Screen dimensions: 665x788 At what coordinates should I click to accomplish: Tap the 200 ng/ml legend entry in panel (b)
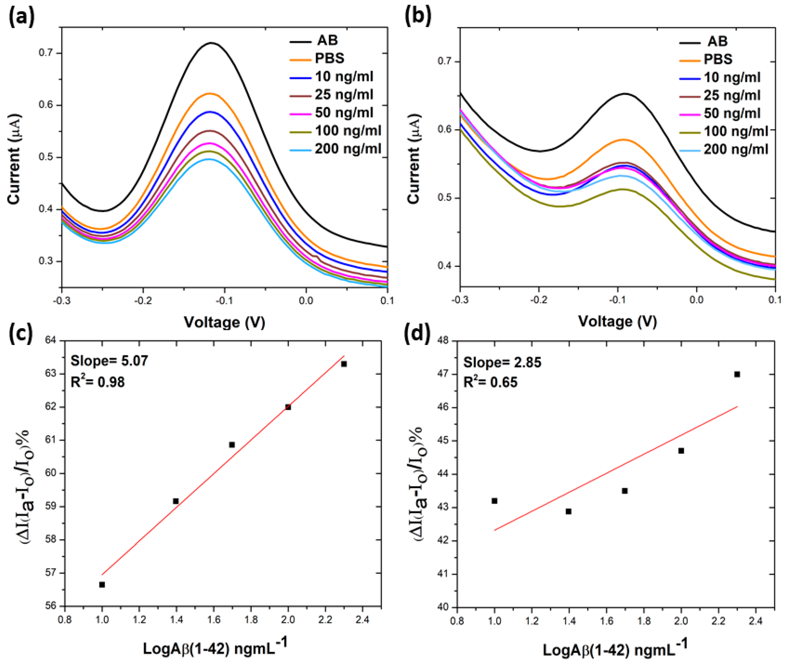(735, 150)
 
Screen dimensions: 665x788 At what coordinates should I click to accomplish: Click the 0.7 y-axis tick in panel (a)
(46, 53)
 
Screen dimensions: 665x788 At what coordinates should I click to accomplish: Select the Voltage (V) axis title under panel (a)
(224, 322)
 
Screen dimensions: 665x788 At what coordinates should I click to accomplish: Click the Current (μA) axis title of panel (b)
(414, 158)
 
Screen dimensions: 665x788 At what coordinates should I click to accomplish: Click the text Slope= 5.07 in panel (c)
(109, 361)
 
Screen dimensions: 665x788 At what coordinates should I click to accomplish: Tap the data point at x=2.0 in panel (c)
(288, 407)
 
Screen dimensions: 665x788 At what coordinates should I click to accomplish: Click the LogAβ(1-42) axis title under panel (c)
(215, 648)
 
